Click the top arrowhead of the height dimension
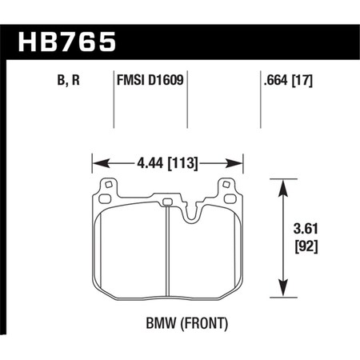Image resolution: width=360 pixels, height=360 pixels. [282, 185]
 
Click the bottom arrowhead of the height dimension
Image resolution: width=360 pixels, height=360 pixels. [282, 289]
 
